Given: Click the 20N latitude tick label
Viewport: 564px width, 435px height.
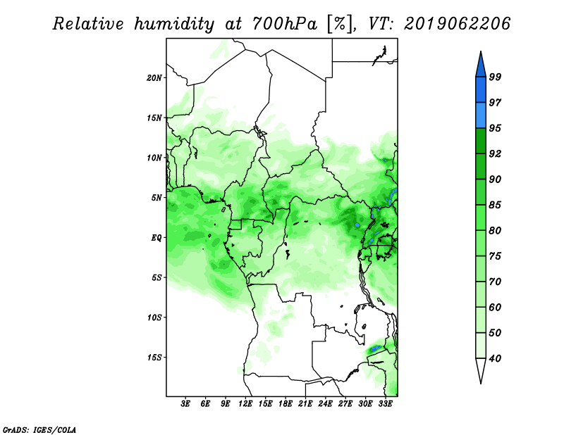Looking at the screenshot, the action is (154, 78).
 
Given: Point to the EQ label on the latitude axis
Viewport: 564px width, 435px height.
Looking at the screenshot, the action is (157, 238).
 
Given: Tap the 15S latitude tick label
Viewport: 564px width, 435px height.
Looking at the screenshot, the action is (154, 358).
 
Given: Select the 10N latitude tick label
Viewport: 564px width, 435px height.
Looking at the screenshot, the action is (154, 158).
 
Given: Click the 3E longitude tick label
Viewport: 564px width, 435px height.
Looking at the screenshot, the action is (185, 404).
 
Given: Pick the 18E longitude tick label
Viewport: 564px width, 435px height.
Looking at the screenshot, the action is (286, 404).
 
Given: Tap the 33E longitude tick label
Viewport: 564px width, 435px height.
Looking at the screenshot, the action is (385, 404).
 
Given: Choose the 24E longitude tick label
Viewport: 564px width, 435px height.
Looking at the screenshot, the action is (325, 404).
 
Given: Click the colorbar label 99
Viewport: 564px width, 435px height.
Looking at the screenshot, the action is (495, 77).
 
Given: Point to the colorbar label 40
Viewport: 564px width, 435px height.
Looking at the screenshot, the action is (495, 358).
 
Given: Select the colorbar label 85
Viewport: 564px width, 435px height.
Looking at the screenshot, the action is (495, 205).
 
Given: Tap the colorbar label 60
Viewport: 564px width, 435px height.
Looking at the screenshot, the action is (495, 308).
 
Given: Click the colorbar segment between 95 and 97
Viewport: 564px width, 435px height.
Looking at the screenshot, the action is (481, 115).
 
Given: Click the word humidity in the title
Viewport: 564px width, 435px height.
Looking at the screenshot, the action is (174, 24).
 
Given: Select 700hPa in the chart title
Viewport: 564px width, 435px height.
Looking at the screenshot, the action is (285, 24).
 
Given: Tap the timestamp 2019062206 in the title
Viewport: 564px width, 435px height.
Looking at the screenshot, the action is (457, 24).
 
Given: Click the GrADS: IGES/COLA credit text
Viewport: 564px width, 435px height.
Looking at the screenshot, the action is (39, 429).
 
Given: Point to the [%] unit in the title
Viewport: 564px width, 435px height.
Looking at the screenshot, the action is (339, 24).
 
